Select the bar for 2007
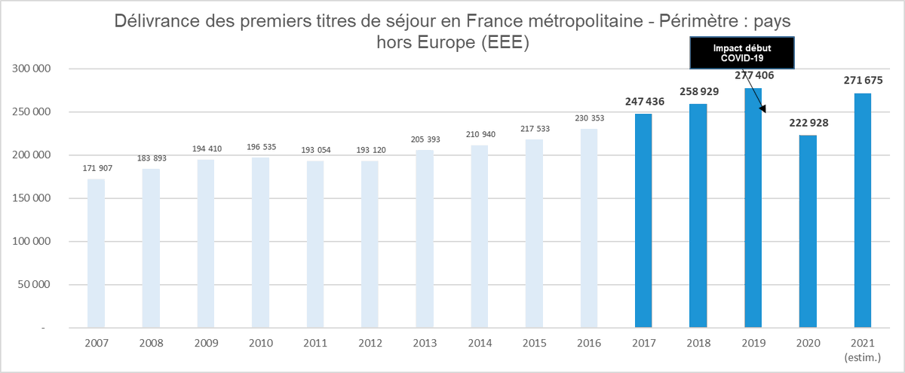[96, 253]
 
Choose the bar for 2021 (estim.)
[863, 211]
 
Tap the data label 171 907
[96, 167]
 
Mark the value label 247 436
[643, 102]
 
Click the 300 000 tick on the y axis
[30, 69]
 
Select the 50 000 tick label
[33, 285]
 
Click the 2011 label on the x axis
[315, 343]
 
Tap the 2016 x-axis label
[589, 343]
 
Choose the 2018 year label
[698, 343]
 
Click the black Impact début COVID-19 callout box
[743, 52]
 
